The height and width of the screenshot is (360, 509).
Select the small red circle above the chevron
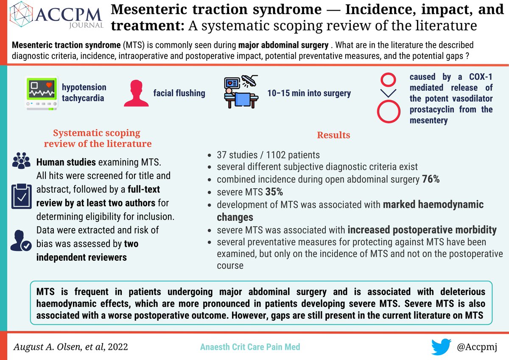tap(389, 79)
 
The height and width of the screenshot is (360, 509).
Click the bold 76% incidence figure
tap(431, 179)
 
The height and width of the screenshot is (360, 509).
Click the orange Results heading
tap(333, 135)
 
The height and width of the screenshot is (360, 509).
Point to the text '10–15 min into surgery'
tap(309, 93)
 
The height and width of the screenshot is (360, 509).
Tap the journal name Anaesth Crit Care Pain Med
tap(250, 347)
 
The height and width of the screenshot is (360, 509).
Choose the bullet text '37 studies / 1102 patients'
tap(268, 155)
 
